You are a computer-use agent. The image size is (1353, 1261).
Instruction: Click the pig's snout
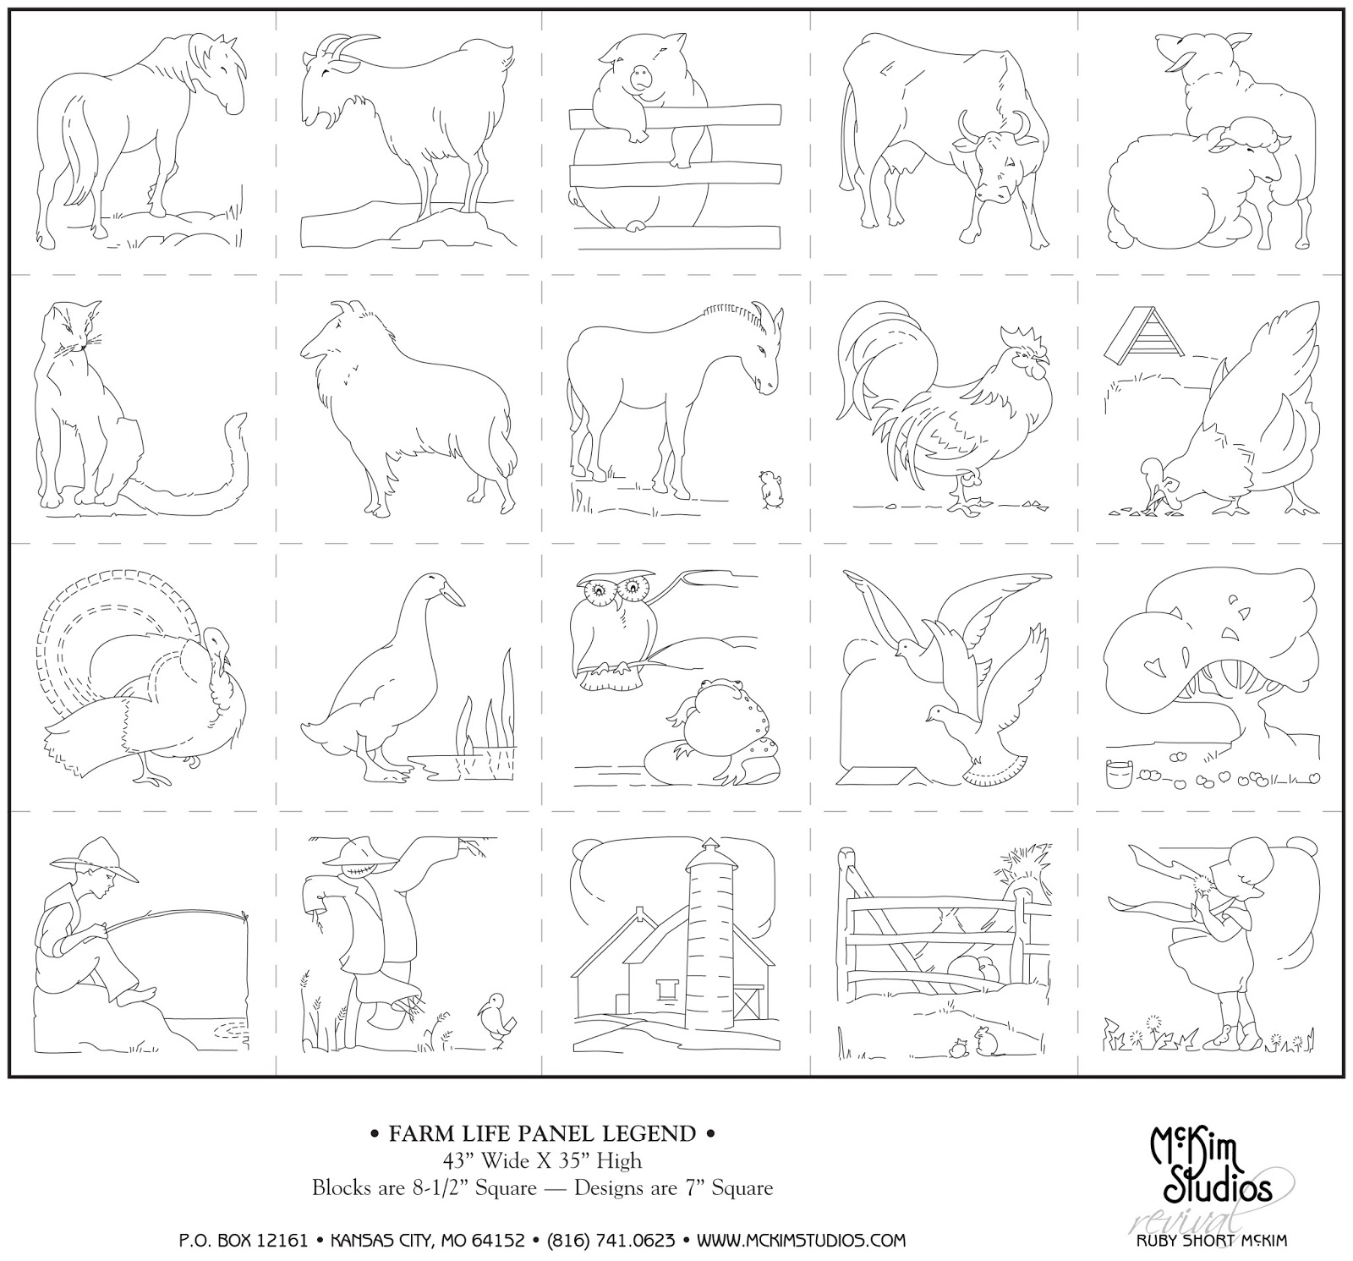coord(642,78)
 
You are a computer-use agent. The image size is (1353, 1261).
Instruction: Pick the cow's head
coord(993,156)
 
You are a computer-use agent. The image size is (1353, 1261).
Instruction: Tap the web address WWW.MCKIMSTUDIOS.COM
coord(801,1241)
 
